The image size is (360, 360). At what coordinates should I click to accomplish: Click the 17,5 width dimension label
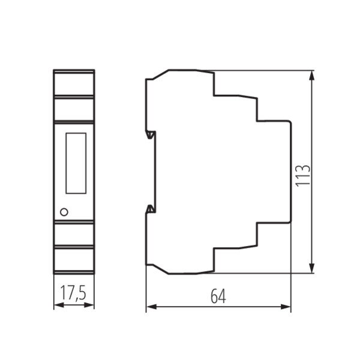click(73, 293)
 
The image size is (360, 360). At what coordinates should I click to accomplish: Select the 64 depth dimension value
click(218, 296)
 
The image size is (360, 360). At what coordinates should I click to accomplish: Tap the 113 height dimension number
click(302, 176)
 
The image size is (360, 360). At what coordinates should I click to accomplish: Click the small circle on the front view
click(64, 212)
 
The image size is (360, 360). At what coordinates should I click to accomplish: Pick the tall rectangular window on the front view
click(76, 163)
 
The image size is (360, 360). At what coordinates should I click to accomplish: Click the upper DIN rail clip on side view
click(151, 135)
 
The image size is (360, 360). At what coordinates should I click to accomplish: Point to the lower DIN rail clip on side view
click(151, 209)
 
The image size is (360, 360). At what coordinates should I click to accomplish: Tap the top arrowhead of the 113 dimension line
click(311, 76)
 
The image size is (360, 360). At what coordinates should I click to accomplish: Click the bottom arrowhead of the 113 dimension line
click(311, 268)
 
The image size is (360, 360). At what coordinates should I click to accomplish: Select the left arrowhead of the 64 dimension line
click(152, 307)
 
